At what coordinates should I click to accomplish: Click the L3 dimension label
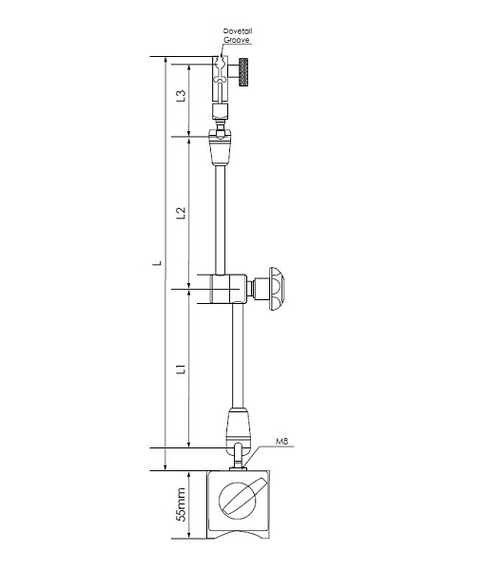point(181,95)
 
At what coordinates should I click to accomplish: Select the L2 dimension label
point(181,213)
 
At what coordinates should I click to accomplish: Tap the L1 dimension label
point(181,369)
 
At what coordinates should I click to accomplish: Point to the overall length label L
point(157,262)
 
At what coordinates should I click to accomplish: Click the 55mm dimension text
point(181,504)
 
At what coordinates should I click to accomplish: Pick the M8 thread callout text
point(281,442)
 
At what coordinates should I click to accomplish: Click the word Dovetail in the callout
point(238,31)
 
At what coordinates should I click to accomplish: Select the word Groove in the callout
point(237,40)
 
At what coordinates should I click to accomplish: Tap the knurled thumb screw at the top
point(243,72)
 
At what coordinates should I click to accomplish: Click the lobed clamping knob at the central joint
point(276,289)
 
